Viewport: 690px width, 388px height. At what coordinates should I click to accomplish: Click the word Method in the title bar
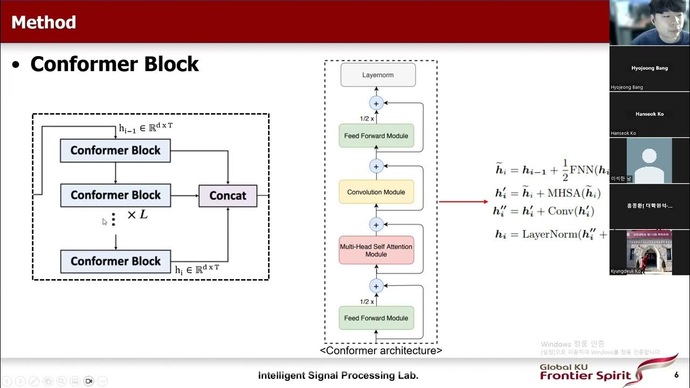(44, 22)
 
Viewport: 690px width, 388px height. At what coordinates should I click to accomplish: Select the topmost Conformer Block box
(115, 150)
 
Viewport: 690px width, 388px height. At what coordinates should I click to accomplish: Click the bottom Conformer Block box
(115, 261)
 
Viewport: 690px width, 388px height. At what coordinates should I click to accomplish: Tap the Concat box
(227, 196)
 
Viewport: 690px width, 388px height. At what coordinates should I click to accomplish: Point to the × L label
(137, 214)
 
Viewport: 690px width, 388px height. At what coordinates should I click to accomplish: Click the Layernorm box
(377, 75)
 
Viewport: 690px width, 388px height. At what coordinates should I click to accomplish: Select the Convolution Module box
(376, 192)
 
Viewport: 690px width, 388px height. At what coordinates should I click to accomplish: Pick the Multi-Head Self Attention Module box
(376, 250)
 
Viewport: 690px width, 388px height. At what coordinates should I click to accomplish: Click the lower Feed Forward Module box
(376, 318)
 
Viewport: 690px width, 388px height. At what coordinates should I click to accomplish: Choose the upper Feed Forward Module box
(376, 136)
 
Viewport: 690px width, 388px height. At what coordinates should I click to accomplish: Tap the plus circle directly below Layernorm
(376, 103)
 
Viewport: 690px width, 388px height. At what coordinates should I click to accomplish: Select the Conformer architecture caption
(381, 351)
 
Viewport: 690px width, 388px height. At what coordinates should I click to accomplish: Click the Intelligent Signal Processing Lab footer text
(338, 376)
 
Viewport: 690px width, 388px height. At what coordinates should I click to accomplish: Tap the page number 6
(677, 375)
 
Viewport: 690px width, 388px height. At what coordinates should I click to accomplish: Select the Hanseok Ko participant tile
(649, 114)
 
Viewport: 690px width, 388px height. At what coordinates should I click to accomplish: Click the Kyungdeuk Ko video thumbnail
(649, 252)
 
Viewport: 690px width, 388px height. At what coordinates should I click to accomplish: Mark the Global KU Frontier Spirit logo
(608, 372)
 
